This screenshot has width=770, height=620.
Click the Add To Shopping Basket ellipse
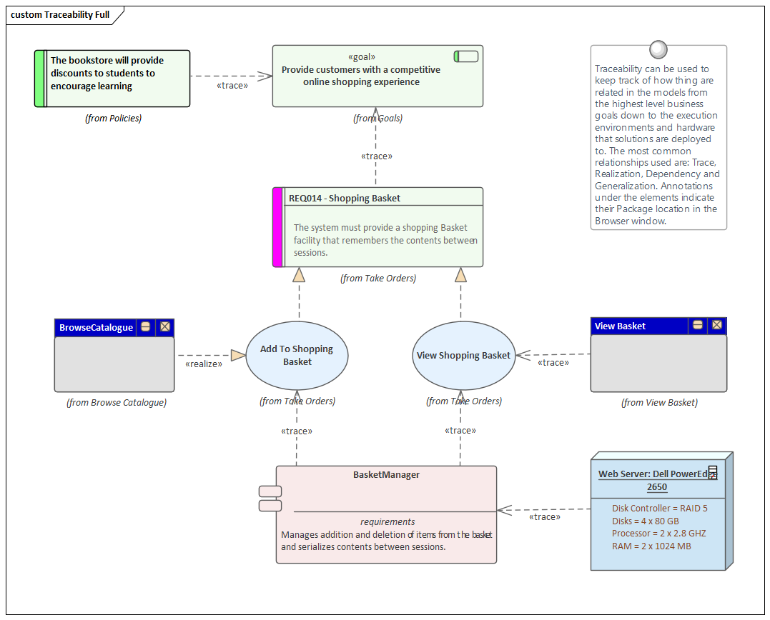297,355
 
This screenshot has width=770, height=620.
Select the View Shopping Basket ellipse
463,356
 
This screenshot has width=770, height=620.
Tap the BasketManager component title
386,475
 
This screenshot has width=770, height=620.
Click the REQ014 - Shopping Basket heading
345,198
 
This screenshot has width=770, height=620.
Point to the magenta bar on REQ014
278,227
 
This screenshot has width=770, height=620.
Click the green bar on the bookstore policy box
39,79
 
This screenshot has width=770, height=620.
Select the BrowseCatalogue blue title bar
97,327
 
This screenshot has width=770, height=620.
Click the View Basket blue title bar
620,326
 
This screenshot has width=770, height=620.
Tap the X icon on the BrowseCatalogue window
165,327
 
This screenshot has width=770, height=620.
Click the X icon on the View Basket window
716,326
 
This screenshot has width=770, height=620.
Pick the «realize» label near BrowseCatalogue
204,364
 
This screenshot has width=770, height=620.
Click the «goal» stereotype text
361,57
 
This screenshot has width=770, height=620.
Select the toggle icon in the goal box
466,56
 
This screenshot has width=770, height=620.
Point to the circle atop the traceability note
658,49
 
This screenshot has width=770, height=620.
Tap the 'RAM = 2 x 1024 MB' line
651,546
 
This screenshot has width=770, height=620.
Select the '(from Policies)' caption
113,119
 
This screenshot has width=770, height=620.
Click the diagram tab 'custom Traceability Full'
61,14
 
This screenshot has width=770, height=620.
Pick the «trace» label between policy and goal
232,86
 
